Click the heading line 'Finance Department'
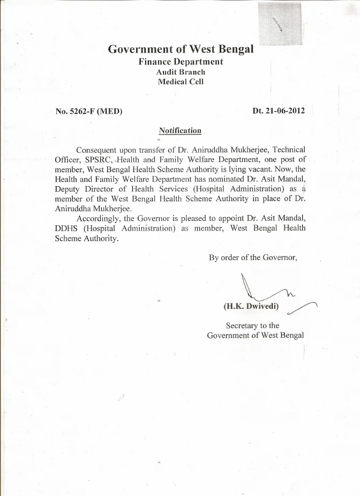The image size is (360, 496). pyautogui.click(x=181, y=62)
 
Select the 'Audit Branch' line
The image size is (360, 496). pyautogui.click(x=181, y=72)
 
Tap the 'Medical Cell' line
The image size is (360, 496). pyautogui.click(x=181, y=82)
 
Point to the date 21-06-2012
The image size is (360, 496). pyautogui.click(x=286, y=111)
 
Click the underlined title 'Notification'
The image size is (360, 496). pyautogui.click(x=180, y=130)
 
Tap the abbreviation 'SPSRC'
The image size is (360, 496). pyautogui.click(x=99, y=160)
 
